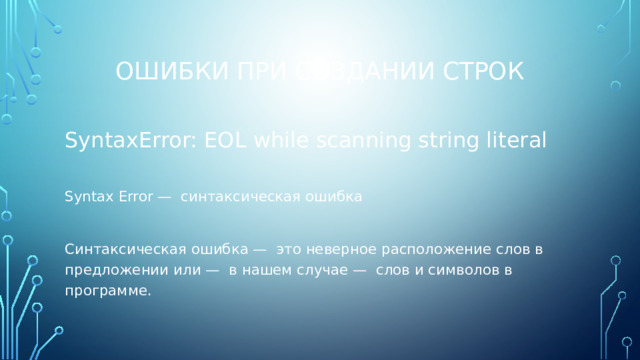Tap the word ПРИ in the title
(x=261, y=73)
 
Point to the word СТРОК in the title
(x=478, y=73)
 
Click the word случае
(x=324, y=269)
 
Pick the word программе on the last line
(x=107, y=291)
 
